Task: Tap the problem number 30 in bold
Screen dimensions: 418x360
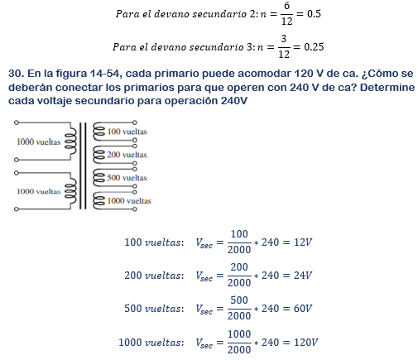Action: click(14, 74)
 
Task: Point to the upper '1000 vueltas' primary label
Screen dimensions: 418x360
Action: click(38, 142)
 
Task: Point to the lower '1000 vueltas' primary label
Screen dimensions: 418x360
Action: click(38, 191)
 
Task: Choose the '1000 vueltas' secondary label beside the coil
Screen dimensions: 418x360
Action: click(128, 201)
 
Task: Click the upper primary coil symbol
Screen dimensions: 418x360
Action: click(70, 142)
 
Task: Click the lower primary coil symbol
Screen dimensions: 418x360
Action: click(70, 191)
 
